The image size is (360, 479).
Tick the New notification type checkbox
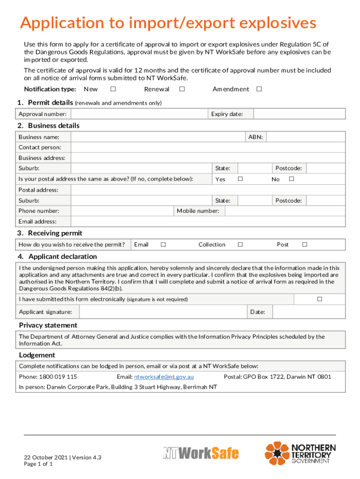click(113, 89)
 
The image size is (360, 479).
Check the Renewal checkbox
click(182, 89)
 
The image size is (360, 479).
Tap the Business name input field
click(159, 137)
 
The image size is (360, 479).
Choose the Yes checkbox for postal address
click(240, 179)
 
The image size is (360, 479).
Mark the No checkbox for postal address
click(291, 179)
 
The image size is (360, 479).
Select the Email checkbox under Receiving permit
click(163, 244)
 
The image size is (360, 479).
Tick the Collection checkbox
click(240, 244)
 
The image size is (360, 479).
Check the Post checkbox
click(304, 244)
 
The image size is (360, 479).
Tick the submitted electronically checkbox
click(320, 299)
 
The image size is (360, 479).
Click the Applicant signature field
click(163, 312)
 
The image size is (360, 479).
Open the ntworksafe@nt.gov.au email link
click(164, 377)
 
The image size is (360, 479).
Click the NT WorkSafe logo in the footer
click(201, 453)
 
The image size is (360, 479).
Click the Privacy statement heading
click(48, 325)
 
